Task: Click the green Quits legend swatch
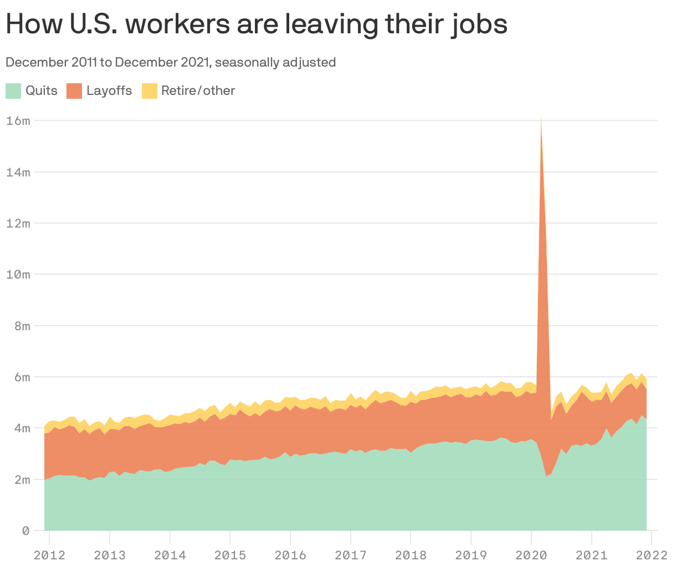pyautogui.click(x=13, y=90)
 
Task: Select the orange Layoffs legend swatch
pyautogui.click(x=74, y=90)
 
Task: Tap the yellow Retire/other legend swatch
pyautogui.click(x=150, y=90)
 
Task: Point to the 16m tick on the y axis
pyautogui.click(x=18, y=120)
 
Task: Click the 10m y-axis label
pyautogui.click(x=18, y=275)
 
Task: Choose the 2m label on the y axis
pyautogui.click(x=21, y=479)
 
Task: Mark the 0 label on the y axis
pyautogui.click(x=25, y=531)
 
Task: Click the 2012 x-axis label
pyautogui.click(x=49, y=554)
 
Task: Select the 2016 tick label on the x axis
pyautogui.click(x=290, y=554)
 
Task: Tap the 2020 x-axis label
pyautogui.click(x=531, y=554)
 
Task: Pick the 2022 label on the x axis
pyautogui.click(x=652, y=554)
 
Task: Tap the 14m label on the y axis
pyautogui.click(x=18, y=172)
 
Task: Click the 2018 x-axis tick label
pyautogui.click(x=411, y=554)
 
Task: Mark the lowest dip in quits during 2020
pyautogui.click(x=546, y=476)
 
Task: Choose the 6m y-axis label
pyautogui.click(x=21, y=377)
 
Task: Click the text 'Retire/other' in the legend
pyautogui.click(x=198, y=90)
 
